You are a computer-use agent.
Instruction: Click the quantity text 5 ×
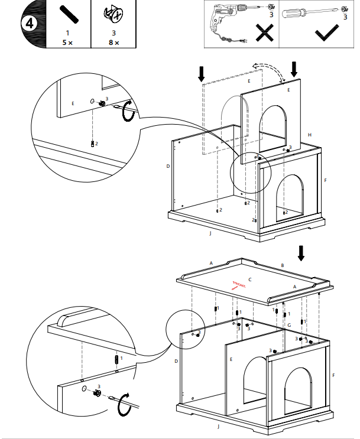click(67, 43)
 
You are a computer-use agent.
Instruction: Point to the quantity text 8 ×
click(113, 43)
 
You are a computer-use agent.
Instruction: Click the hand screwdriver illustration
click(307, 12)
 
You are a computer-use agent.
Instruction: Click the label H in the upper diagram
click(309, 135)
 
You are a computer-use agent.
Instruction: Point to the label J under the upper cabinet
click(210, 234)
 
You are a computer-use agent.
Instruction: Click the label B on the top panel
click(283, 266)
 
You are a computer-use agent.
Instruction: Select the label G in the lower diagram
click(289, 326)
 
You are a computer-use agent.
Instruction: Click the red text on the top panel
click(239, 286)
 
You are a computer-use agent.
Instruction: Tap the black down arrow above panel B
click(301, 253)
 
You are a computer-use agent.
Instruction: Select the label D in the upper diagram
click(168, 167)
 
